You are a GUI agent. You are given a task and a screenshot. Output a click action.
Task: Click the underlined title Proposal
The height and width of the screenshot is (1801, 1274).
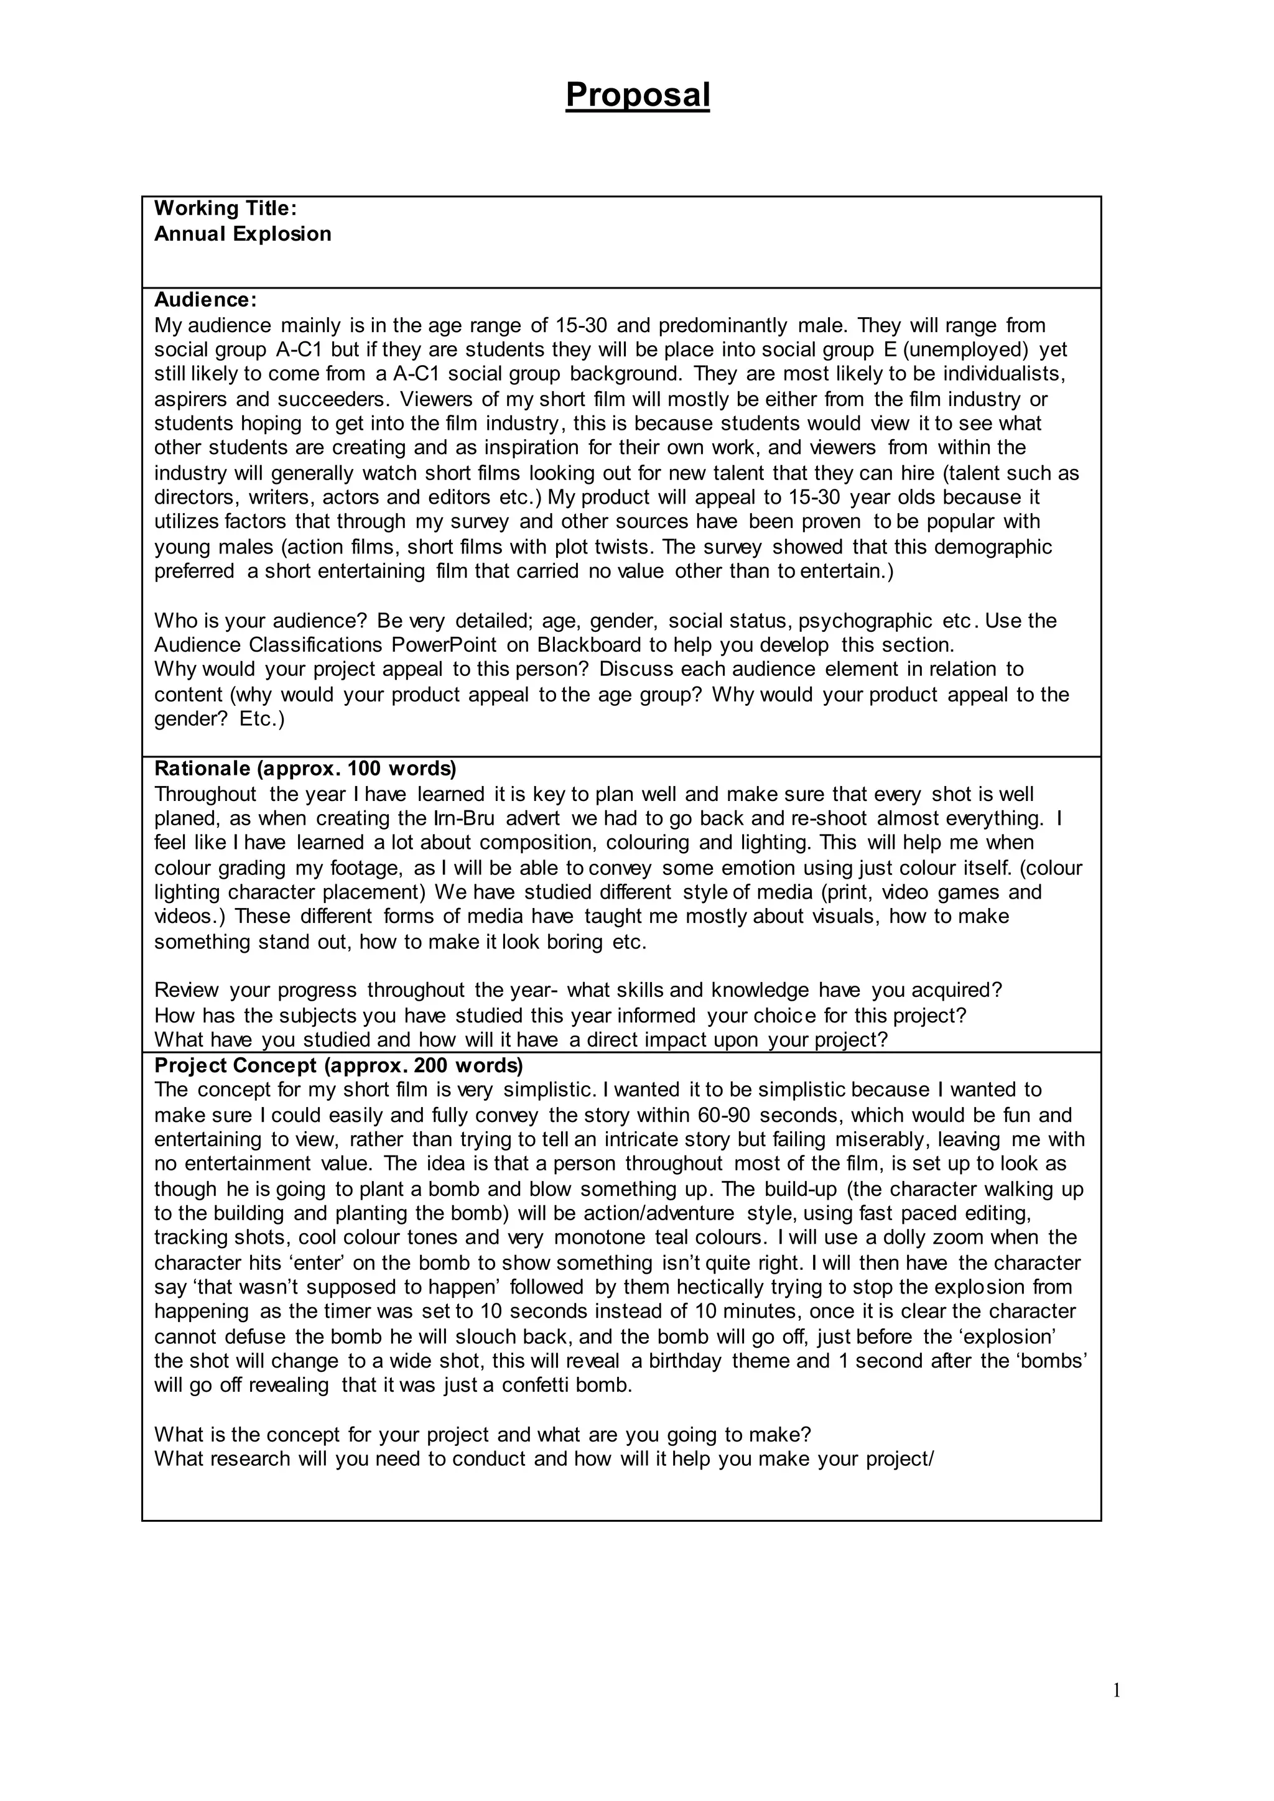pos(637,96)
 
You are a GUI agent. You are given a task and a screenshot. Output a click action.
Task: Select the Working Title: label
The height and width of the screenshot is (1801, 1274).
pos(225,209)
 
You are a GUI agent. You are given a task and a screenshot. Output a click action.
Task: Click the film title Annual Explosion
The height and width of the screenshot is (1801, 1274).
pos(243,234)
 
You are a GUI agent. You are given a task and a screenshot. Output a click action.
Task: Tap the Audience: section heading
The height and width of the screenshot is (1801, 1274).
pos(205,300)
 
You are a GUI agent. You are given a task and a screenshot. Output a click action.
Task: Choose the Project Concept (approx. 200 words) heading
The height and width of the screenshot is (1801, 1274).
pos(338,1066)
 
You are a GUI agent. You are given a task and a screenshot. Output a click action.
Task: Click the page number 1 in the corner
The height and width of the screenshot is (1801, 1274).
pos(1117,1691)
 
